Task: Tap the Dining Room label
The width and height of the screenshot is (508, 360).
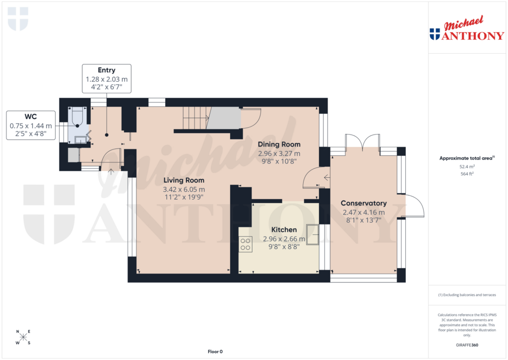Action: (279, 144)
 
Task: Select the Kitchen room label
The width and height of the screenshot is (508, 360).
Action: (284, 230)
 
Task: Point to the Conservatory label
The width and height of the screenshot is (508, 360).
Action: (364, 203)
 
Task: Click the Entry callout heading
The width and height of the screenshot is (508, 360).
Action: (106, 71)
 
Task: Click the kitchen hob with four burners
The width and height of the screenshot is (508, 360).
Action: (245, 244)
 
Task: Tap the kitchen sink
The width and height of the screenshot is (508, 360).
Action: (313, 233)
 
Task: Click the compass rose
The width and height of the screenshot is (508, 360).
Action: (23, 337)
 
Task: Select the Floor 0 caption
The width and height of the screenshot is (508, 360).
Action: (215, 352)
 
